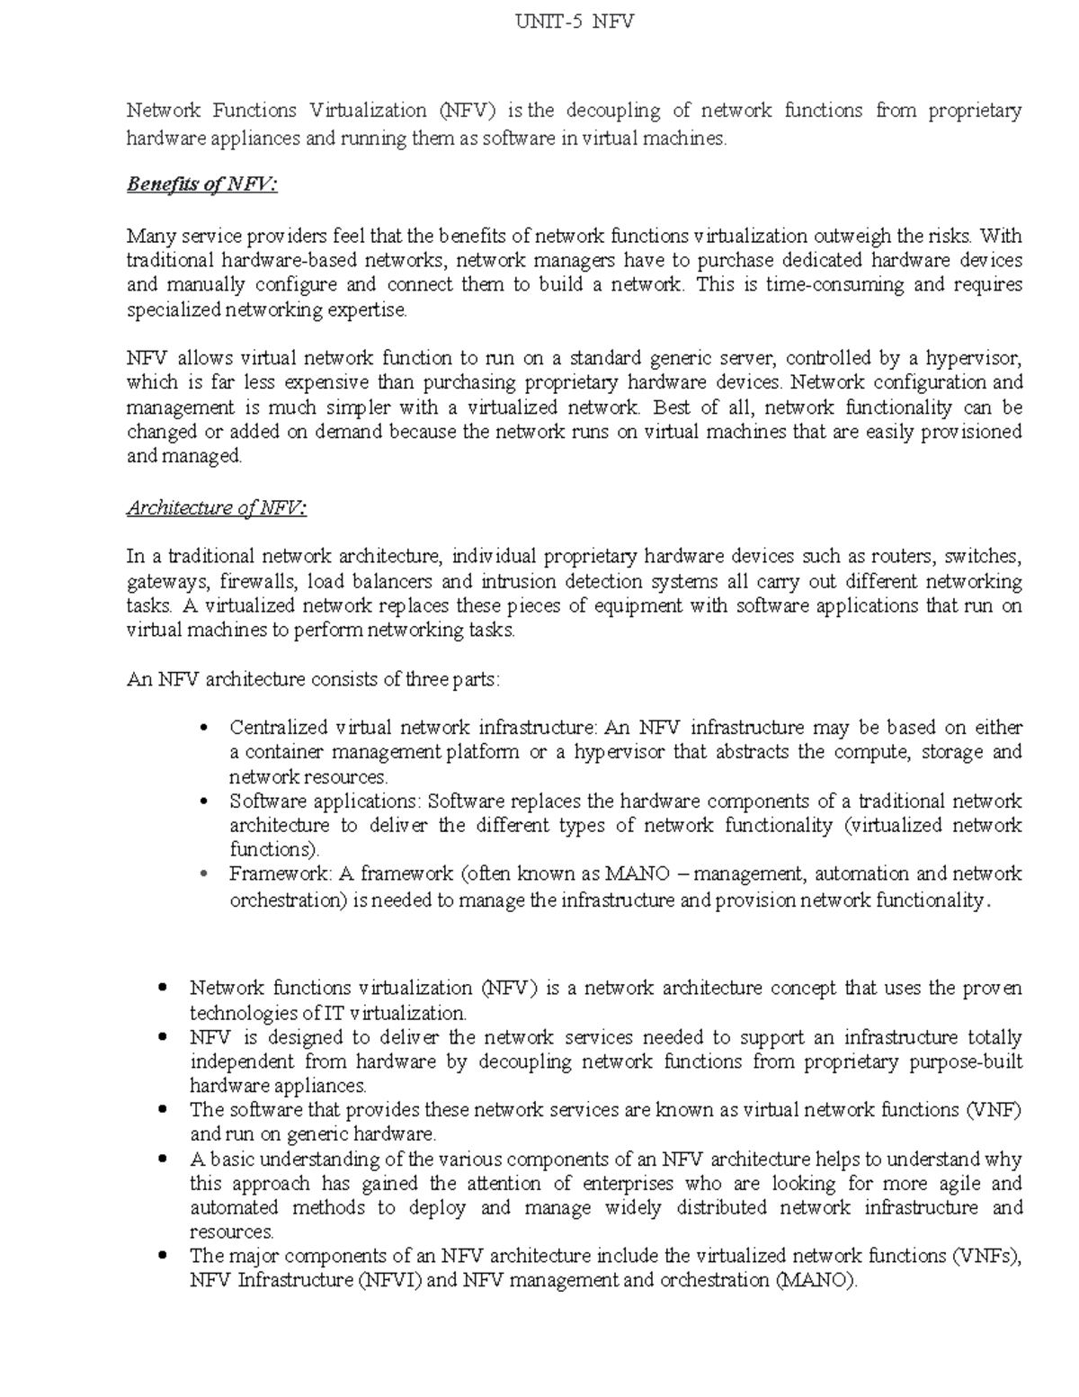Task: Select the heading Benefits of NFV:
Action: click(202, 185)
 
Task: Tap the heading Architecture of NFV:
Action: click(217, 508)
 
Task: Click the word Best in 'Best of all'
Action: click(673, 407)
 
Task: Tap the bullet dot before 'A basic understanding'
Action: click(163, 1159)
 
